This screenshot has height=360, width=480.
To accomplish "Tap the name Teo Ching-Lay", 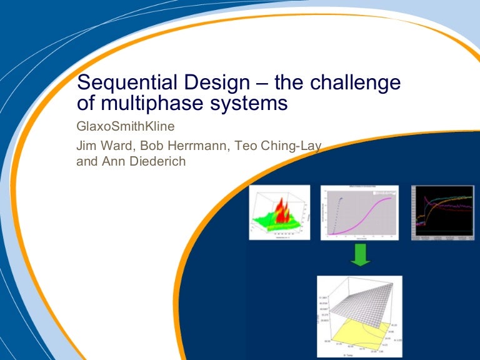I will coord(271,148).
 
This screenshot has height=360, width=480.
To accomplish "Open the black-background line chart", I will coord(442,214).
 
